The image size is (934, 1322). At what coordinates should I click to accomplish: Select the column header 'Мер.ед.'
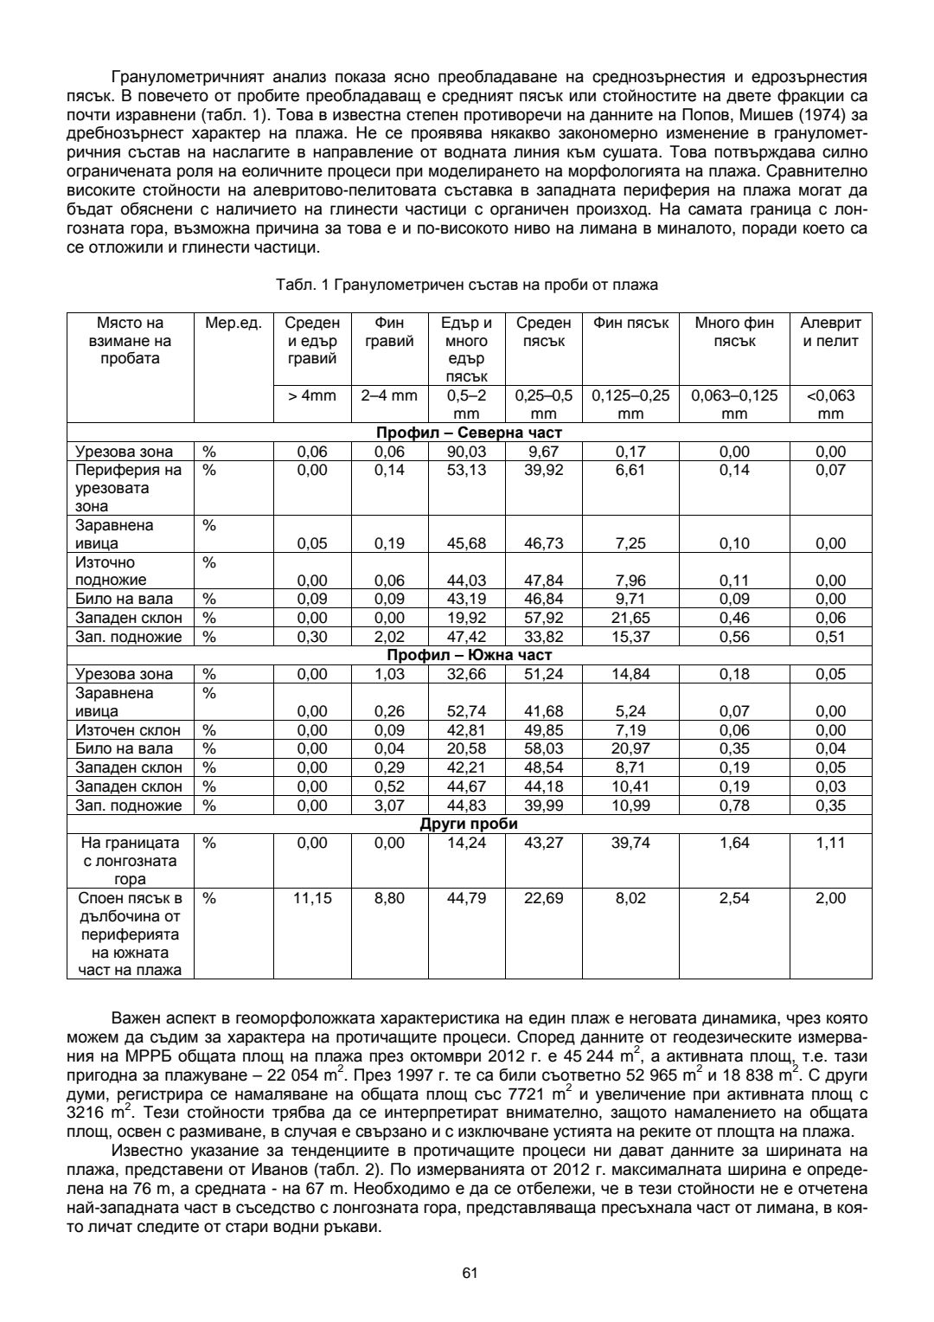click(x=233, y=323)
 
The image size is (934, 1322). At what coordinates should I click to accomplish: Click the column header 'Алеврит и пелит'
click(x=830, y=331)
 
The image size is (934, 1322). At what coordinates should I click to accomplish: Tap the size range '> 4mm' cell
click(x=312, y=395)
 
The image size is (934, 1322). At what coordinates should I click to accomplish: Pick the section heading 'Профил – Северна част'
click(x=469, y=433)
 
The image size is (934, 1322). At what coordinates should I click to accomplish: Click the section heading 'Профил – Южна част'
click(x=469, y=655)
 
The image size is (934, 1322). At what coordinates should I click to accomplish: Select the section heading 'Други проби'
click(x=469, y=824)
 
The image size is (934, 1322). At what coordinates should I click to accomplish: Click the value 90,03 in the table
click(x=467, y=452)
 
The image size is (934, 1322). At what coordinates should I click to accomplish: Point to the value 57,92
click(x=544, y=618)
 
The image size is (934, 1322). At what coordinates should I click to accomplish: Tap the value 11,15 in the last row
click(x=312, y=898)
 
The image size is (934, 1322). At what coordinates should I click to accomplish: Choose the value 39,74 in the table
click(x=630, y=843)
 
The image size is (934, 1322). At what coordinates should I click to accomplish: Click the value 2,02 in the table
click(x=389, y=637)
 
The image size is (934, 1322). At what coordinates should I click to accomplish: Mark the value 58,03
click(x=544, y=748)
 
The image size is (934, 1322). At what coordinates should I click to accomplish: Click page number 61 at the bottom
click(x=470, y=1273)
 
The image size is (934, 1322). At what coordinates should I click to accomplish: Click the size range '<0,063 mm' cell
click(x=830, y=404)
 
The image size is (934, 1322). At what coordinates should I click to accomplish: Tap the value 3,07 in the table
click(x=389, y=805)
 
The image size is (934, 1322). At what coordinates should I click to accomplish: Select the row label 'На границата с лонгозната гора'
click(x=130, y=861)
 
